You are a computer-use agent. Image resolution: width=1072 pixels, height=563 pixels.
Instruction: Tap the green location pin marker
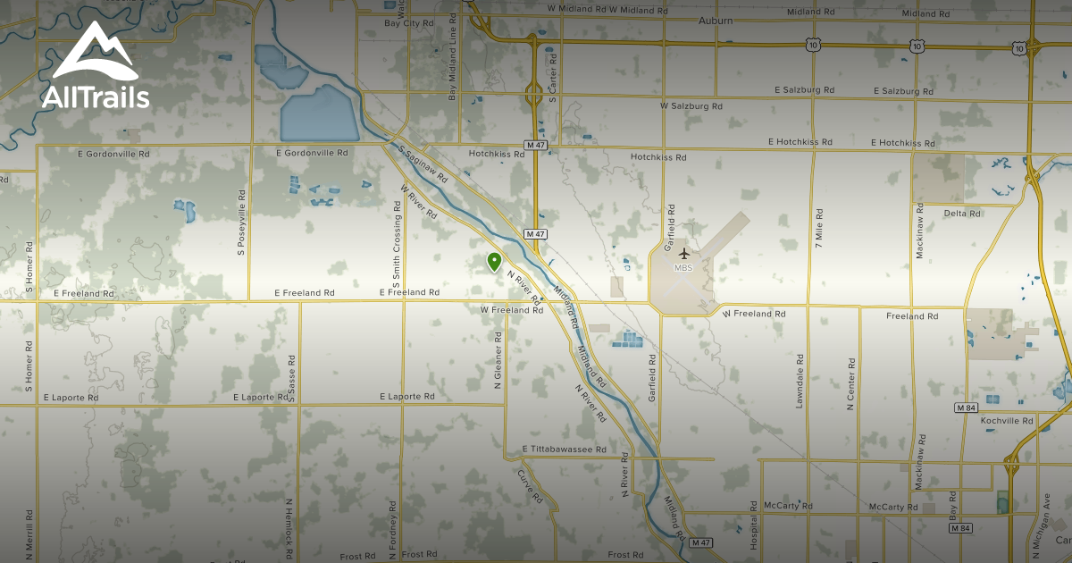click(493, 262)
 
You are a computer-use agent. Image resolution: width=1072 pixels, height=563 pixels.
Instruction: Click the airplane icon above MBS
click(684, 254)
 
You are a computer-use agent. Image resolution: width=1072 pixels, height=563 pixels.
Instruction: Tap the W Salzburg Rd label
click(691, 105)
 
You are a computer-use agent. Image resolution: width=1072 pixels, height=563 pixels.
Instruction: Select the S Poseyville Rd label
click(241, 222)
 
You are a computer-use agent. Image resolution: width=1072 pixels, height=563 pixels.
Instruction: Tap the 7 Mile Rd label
click(817, 228)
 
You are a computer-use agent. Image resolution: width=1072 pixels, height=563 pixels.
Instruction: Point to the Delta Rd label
click(962, 214)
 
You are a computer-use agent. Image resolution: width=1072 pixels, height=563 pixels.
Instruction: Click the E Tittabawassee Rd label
click(564, 450)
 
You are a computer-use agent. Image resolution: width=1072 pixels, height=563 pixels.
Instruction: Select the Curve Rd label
click(532, 482)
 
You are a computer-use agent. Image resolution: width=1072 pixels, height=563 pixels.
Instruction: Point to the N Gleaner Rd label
click(498, 361)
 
